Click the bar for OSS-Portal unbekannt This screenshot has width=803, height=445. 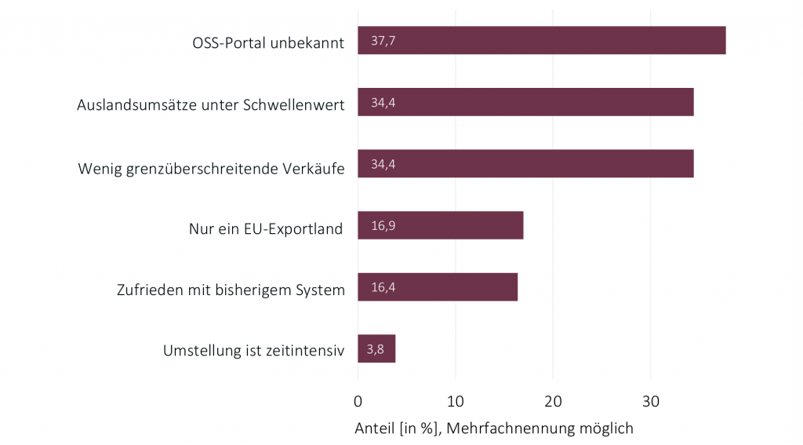[541, 41]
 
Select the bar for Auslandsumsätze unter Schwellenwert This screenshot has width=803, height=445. [525, 103]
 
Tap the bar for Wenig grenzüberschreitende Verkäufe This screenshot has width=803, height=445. [525, 164]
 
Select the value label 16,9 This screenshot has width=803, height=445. [382, 226]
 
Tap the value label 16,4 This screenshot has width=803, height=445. [382, 287]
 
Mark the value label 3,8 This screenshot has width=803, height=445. [375, 349]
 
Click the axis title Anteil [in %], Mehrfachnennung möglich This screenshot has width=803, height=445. [493, 429]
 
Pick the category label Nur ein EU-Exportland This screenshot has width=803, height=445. [266, 229]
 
